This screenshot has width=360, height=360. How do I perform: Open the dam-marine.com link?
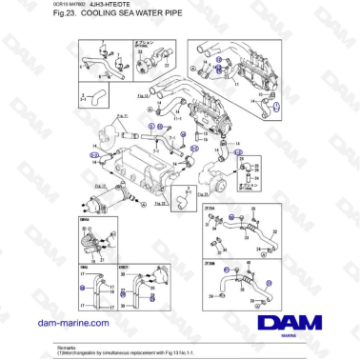coord(69,324)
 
